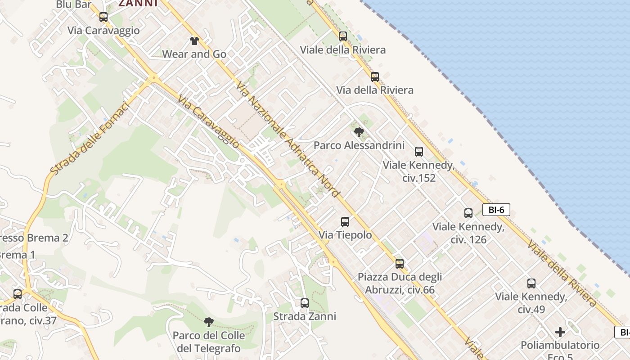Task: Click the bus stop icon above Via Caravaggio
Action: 103,17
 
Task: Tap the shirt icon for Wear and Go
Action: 194,41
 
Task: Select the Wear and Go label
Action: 194,54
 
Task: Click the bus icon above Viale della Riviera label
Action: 343,36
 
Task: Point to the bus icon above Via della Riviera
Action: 375,77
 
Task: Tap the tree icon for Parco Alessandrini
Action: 359,132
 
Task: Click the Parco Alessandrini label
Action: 359,146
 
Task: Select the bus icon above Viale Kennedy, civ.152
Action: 419,152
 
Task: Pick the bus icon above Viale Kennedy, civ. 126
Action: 468,213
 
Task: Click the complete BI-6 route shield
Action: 496,210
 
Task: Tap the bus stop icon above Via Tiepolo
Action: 345,222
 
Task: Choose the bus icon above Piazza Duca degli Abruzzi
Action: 400,264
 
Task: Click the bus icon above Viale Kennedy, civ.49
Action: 531,283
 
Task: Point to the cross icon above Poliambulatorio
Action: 560,332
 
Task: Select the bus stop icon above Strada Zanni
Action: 305,303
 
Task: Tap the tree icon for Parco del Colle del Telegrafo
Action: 208,322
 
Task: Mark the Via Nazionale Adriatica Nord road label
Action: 288,139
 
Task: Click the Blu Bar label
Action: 71,4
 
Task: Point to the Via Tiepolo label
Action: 345,235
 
